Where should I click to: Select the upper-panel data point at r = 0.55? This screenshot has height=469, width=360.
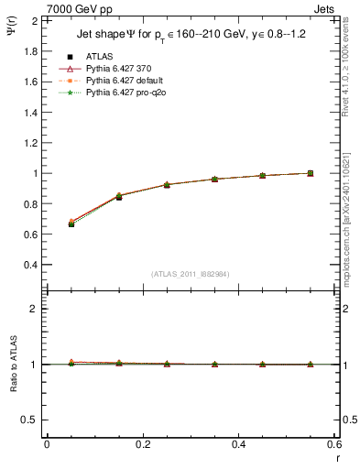pos(311,173)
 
